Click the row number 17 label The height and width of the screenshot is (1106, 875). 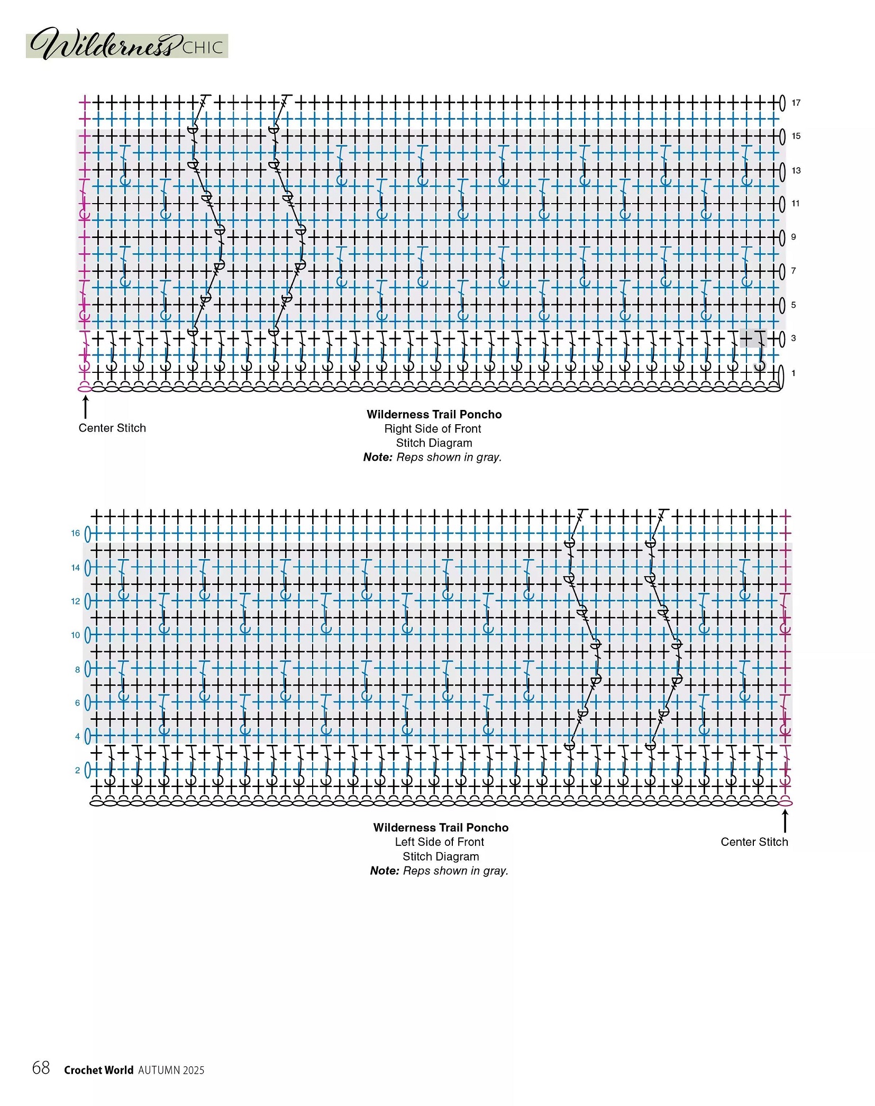click(x=796, y=103)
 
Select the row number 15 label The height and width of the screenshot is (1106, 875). click(x=796, y=136)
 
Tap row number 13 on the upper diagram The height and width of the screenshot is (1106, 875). click(x=796, y=170)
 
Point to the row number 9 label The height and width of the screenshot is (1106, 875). click(x=794, y=237)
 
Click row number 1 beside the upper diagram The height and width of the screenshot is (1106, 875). click(x=794, y=373)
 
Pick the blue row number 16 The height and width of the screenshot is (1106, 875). click(x=76, y=533)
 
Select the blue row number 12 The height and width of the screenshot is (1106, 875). click(x=76, y=601)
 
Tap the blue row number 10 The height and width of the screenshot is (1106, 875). click(x=76, y=635)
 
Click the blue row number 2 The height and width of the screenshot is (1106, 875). click(x=78, y=770)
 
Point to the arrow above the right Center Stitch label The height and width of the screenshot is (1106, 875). click(x=785, y=821)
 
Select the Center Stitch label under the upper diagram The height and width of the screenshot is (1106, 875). click(x=112, y=428)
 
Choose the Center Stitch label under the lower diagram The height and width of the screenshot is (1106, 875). click(x=754, y=842)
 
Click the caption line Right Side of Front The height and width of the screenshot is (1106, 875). click(x=433, y=428)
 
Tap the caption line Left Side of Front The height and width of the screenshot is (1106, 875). click(x=440, y=842)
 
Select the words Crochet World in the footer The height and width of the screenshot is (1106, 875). click(x=99, y=1070)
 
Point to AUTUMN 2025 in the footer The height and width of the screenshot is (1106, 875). click(x=171, y=1070)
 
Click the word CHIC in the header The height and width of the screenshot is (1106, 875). click(x=203, y=48)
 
